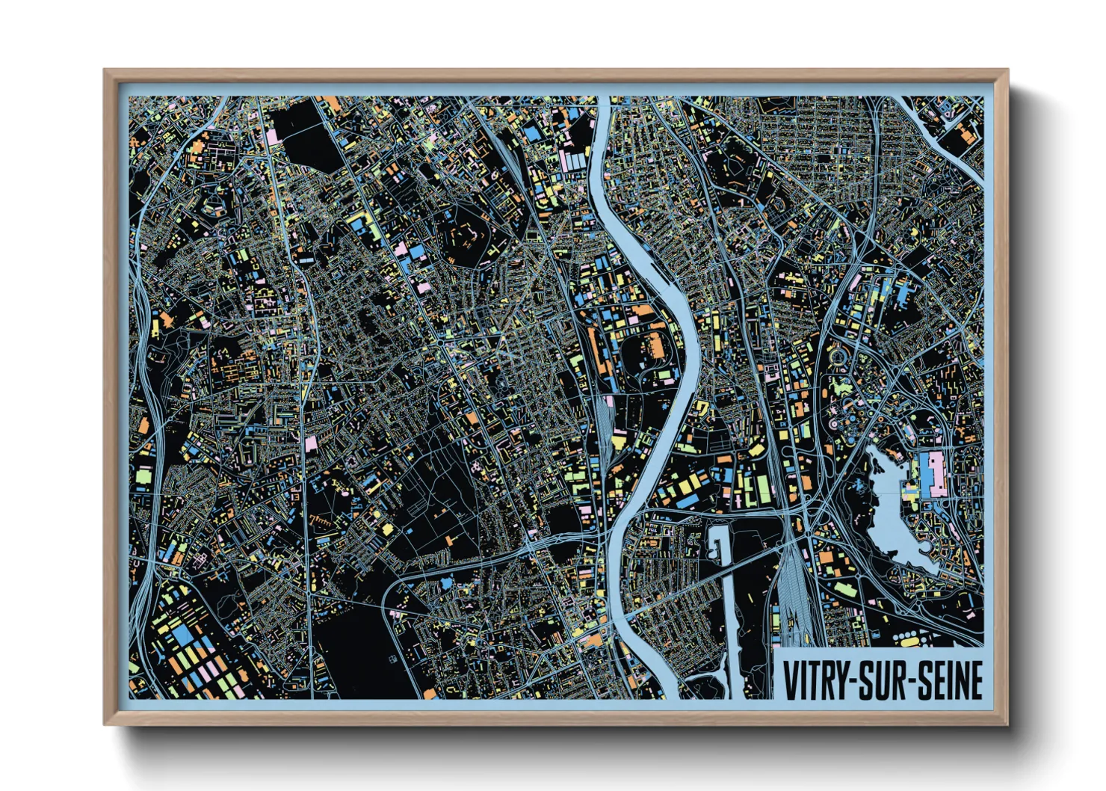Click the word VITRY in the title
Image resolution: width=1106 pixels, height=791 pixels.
(815, 680)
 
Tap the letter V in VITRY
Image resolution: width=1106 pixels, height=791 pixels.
(790, 680)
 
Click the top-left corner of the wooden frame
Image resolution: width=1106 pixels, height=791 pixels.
(105, 72)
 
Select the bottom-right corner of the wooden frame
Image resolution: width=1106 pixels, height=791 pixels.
(1005, 722)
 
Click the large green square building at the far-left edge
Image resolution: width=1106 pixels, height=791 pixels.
(142, 474)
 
